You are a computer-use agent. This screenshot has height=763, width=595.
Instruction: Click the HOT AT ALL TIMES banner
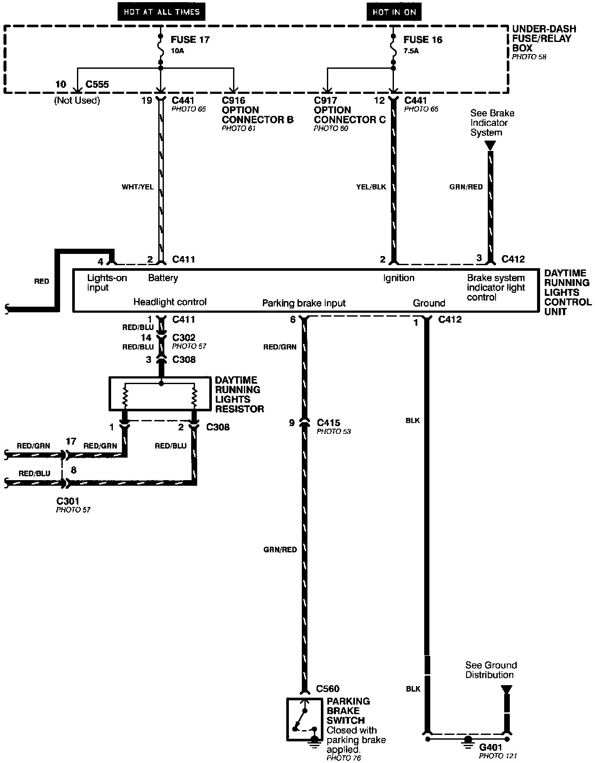[161, 12]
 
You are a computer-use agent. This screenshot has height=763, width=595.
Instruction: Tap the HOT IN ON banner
[393, 12]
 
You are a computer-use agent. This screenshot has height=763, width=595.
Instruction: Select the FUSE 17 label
[190, 40]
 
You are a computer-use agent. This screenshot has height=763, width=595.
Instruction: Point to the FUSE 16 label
[422, 40]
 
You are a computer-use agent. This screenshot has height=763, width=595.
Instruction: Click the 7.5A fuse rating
[411, 51]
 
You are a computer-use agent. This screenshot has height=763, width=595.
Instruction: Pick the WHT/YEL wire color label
[138, 187]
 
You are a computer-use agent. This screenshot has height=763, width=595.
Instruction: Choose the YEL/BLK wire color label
[371, 187]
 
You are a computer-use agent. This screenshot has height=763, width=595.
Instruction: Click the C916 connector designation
[234, 100]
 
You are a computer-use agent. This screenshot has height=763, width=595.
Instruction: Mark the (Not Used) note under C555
[77, 100]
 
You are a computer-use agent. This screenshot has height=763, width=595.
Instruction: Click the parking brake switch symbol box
[304, 719]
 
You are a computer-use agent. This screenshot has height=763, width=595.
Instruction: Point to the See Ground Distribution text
[491, 670]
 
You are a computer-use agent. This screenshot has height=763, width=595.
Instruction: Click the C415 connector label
[328, 423]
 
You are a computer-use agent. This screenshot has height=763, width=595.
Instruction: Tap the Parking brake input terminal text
[304, 303]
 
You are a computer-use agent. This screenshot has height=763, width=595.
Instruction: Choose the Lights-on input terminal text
[107, 282]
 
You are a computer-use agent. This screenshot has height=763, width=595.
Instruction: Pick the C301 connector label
[68, 501]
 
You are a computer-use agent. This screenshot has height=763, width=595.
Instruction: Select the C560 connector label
[328, 689]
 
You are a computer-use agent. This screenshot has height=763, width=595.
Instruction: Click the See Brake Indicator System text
[492, 123]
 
